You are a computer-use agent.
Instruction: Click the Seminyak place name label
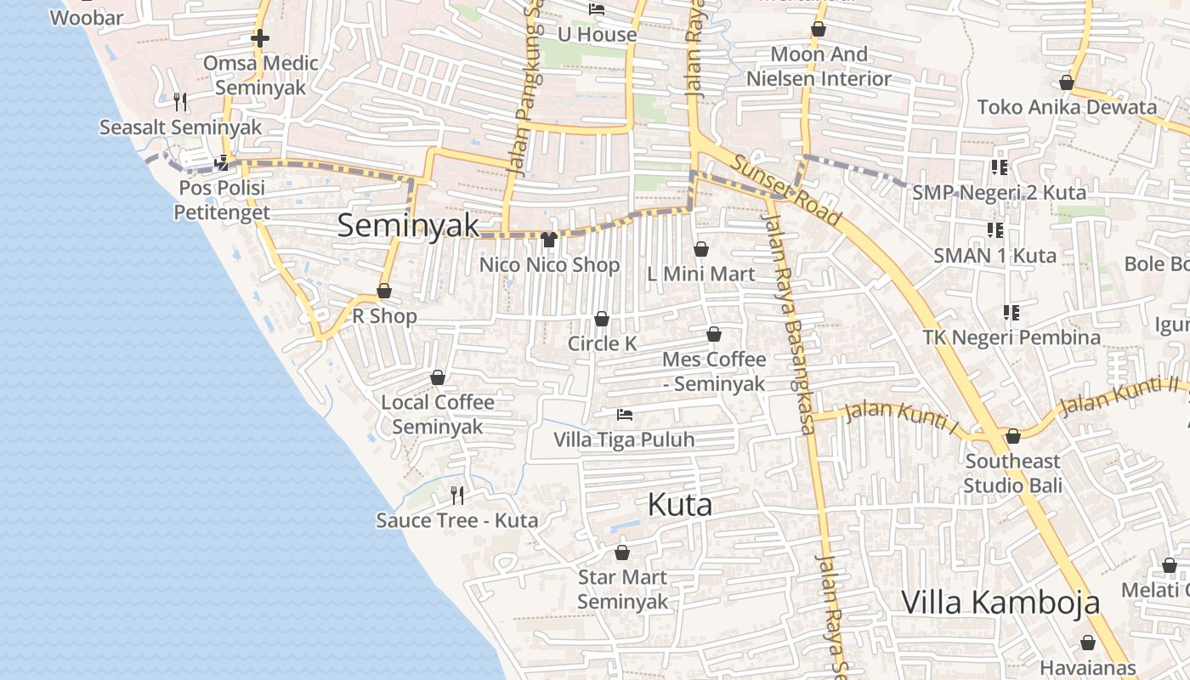coord(408,225)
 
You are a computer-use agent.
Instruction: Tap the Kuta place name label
coord(679,505)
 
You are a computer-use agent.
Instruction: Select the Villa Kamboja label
coord(1000,602)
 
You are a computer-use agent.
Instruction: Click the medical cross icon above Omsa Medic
coord(260,38)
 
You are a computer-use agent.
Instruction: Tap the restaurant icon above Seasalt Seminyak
coord(179,102)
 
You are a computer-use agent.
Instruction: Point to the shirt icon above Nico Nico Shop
coord(548,240)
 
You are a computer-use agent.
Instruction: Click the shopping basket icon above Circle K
coord(602,319)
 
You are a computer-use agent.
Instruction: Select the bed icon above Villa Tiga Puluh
coord(625,415)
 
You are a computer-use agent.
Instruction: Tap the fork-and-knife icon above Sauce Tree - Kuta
coord(457,495)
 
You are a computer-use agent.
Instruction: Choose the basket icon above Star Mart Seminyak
coord(622,552)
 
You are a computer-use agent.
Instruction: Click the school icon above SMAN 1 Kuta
coord(995,229)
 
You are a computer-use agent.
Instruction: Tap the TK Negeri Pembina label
coord(1011,337)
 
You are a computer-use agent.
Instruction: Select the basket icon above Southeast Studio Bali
coord(1012,436)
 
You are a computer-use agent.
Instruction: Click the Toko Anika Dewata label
coord(1067,107)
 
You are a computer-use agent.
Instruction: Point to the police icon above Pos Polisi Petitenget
coord(222,161)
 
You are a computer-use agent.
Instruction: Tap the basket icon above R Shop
coord(384,292)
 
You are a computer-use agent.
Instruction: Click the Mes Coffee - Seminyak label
coord(714,371)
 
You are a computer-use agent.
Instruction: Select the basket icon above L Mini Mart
coord(701,249)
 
